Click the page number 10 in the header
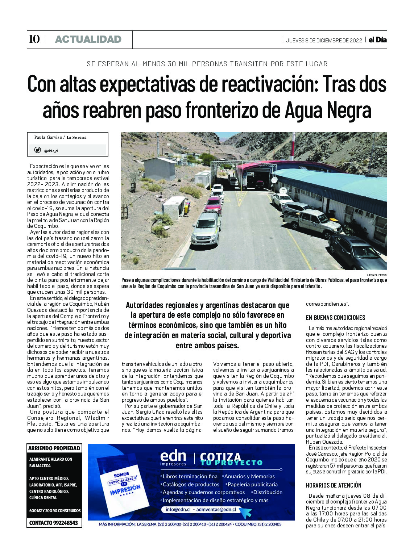pos(34,39)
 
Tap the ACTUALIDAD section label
pos(88,39)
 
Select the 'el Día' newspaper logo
pos(377,40)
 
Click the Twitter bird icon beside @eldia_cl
pos(37,150)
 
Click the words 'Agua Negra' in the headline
pos(328,110)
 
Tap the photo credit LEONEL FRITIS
pos(377,275)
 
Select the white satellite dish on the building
pos(274,179)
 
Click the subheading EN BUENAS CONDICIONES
pos(335,318)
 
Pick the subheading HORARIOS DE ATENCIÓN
pos(334,485)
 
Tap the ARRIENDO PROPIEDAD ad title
pos(54,448)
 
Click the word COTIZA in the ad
pos(220,457)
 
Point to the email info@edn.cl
pos(178,509)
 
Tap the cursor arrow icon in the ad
pos(246,512)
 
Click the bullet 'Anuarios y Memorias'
pos(249,476)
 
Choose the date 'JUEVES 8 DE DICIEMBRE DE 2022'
pos(324,40)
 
